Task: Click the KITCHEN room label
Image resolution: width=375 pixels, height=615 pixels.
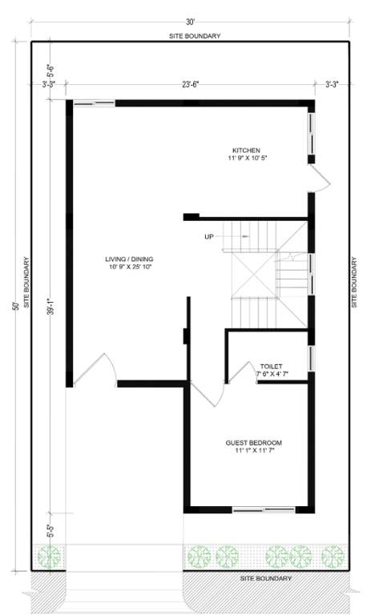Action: pos(246,151)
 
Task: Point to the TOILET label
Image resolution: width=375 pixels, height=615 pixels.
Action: pos(272,365)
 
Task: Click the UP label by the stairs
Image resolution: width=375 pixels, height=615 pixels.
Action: pos(209,236)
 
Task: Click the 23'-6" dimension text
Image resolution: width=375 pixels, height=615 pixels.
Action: pos(189,82)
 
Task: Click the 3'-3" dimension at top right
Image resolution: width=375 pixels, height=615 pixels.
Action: pos(332,82)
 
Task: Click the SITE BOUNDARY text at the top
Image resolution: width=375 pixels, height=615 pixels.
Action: pos(195,36)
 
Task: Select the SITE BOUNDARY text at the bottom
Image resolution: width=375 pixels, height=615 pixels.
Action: pos(266,578)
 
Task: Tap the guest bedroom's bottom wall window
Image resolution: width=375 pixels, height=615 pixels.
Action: pos(262,509)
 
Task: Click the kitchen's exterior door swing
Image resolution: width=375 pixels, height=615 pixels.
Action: pos(318,179)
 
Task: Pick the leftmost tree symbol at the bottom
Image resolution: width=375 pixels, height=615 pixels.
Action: pos(50,556)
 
